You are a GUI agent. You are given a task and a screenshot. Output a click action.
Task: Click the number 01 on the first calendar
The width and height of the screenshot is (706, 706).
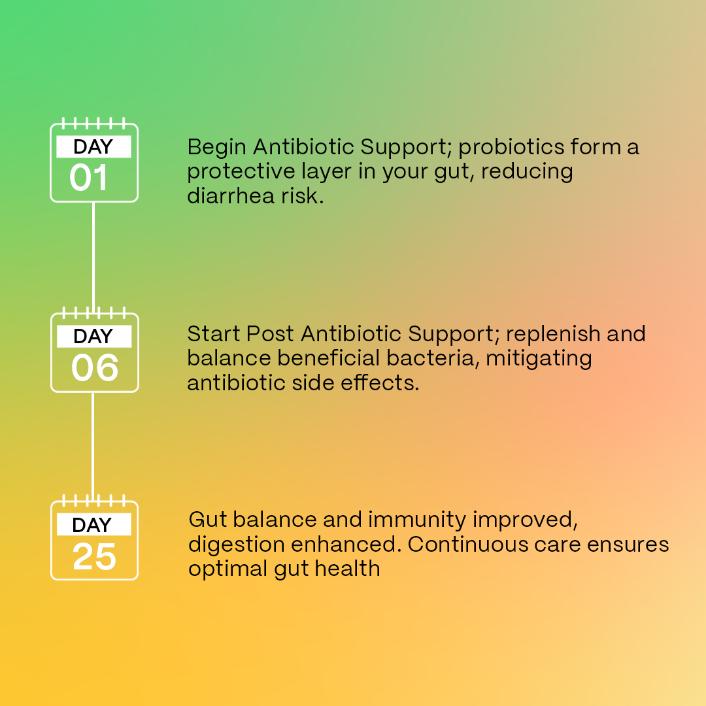[x=88, y=177]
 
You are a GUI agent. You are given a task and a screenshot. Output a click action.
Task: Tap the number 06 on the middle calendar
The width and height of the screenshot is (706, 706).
[x=95, y=367]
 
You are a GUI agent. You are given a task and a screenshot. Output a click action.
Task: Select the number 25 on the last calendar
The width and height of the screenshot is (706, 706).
[x=95, y=556]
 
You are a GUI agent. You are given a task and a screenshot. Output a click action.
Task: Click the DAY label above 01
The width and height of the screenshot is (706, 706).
[x=93, y=147]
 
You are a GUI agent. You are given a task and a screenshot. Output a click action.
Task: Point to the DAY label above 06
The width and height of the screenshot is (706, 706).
[x=93, y=337]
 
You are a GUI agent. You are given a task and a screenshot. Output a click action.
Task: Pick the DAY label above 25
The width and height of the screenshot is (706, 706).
[x=92, y=525]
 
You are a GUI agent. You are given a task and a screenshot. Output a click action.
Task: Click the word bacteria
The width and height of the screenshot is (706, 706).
[x=430, y=358]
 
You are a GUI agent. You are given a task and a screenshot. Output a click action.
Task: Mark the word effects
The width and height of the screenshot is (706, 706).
[x=380, y=382]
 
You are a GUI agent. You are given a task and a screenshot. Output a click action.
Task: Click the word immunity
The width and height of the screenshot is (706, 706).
[x=417, y=521]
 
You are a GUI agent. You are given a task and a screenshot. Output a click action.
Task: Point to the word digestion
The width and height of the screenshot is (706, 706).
[x=237, y=545]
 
